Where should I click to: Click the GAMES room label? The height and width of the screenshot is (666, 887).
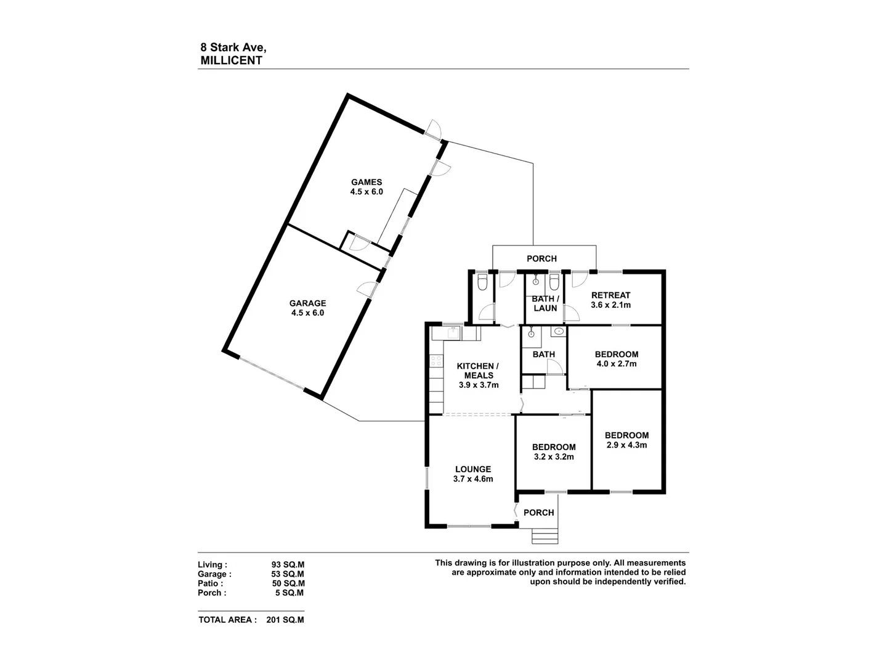(367, 182)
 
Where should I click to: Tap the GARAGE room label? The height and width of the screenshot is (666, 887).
(307, 303)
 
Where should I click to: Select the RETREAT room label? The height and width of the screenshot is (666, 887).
(610, 295)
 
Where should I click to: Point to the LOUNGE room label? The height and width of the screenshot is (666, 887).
(473, 469)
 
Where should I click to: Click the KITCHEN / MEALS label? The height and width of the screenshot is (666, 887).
(478, 371)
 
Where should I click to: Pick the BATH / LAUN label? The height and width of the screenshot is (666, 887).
(545, 303)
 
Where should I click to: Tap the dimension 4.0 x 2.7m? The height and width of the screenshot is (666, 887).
(617, 364)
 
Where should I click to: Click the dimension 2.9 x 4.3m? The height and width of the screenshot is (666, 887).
(626, 445)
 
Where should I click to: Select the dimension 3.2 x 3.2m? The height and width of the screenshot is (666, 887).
(553, 457)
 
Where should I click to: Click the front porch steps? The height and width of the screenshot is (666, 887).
(545, 536)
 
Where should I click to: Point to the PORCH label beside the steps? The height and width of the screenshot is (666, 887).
(538, 512)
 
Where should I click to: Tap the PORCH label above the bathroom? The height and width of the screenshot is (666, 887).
(541, 258)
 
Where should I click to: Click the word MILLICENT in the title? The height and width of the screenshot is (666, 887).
(231, 60)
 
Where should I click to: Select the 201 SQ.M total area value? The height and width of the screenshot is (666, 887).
(285, 620)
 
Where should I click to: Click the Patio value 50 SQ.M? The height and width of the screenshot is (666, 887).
(288, 583)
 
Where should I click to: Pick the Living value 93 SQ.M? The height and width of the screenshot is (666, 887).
(288, 564)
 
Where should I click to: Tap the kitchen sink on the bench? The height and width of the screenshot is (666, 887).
(452, 333)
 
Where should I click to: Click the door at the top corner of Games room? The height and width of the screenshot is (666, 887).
(432, 128)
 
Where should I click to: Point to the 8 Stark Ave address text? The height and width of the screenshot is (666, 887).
(233, 47)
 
